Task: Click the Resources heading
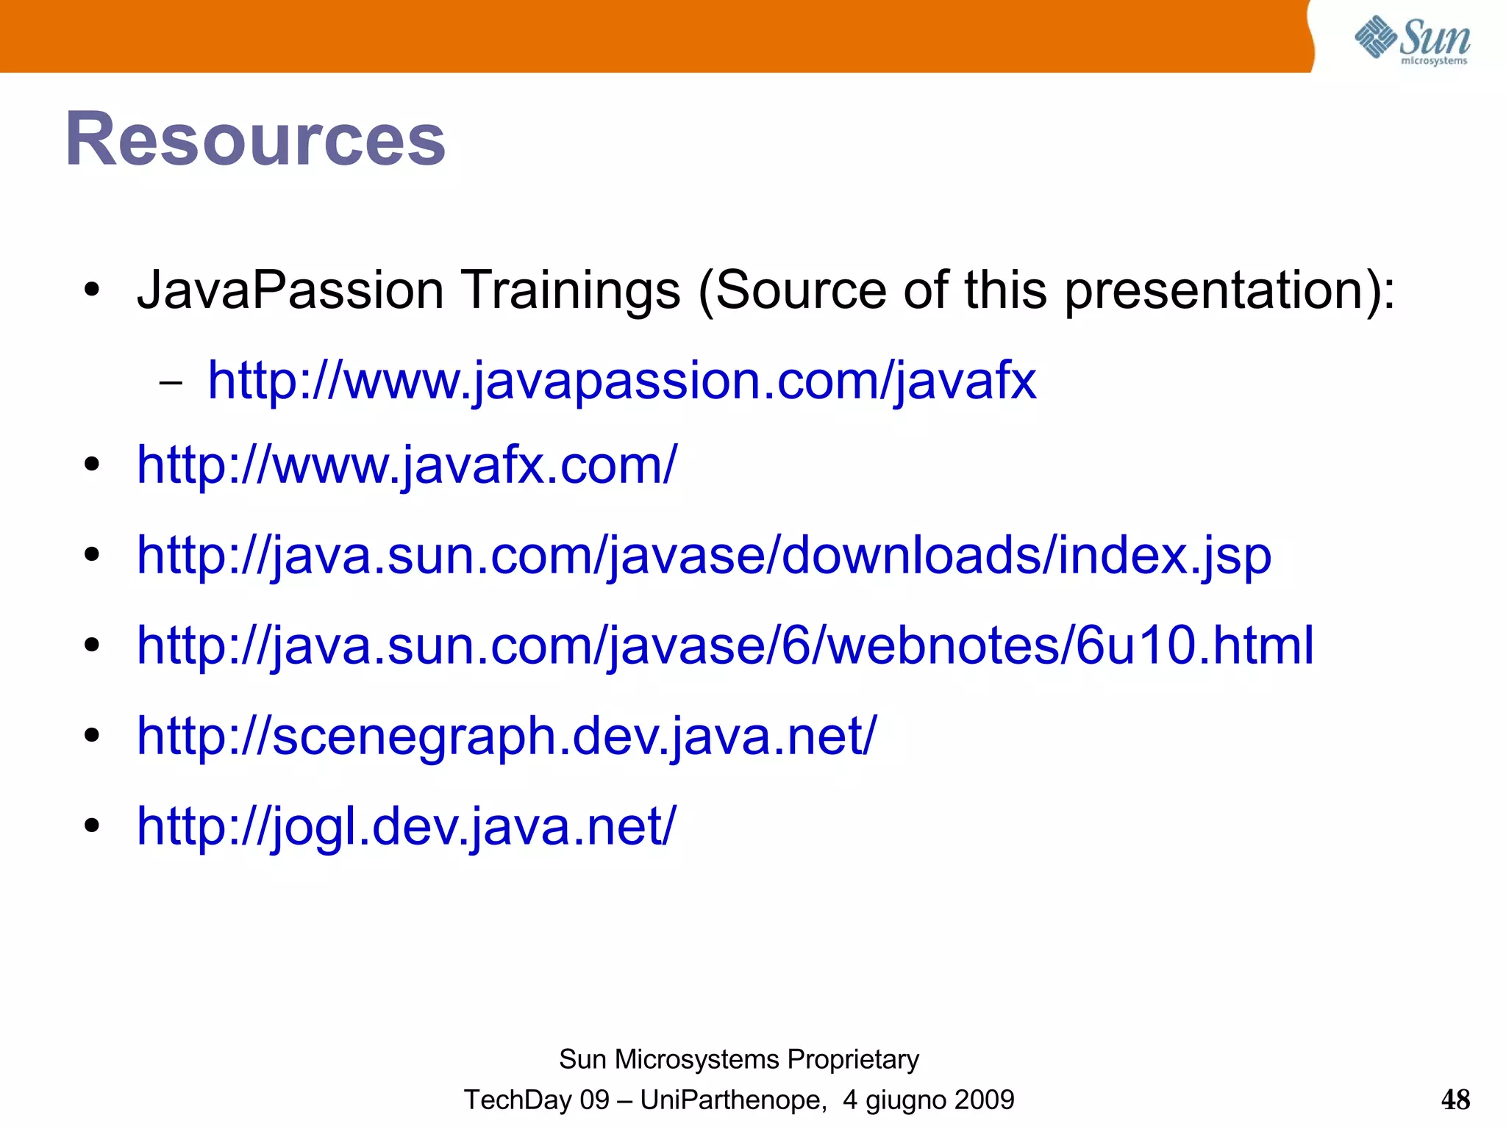[x=255, y=139]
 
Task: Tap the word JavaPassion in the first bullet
[x=290, y=290]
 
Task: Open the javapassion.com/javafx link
[x=621, y=381]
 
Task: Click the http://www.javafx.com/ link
[x=406, y=465]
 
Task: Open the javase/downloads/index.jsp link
[x=704, y=556]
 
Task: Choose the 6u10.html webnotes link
[x=725, y=645]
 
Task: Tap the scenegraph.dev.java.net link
[x=507, y=736]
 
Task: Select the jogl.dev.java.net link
[x=406, y=826]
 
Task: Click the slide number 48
[x=1455, y=1100]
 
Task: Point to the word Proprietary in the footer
[x=853, y=1059]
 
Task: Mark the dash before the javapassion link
[x=171, y=383]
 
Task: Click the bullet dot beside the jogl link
[x=91, y=825]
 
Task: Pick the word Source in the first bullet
[x=800, y=290]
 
